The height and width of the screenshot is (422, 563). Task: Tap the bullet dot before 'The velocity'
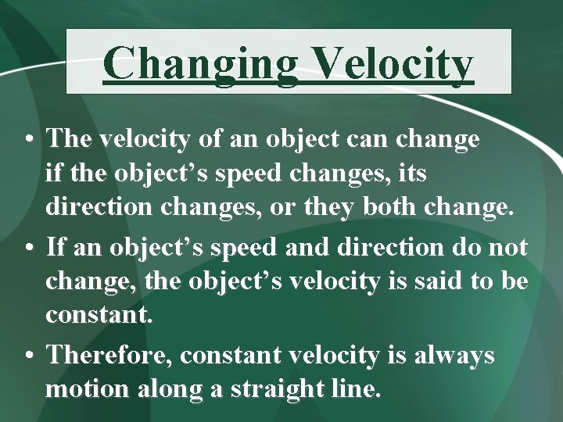pos(28,140)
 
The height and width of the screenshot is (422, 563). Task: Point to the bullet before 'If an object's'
pos(28,249)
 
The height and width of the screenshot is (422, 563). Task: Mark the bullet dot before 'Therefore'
pos(28,356)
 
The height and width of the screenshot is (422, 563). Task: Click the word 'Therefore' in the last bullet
pos(110,356)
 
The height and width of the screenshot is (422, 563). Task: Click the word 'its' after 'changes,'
pos(410,173)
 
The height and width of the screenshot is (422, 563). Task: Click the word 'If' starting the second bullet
pos(56,247)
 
